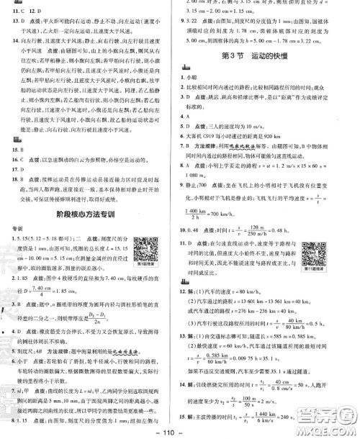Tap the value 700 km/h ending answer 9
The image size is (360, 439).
(251, 217)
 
